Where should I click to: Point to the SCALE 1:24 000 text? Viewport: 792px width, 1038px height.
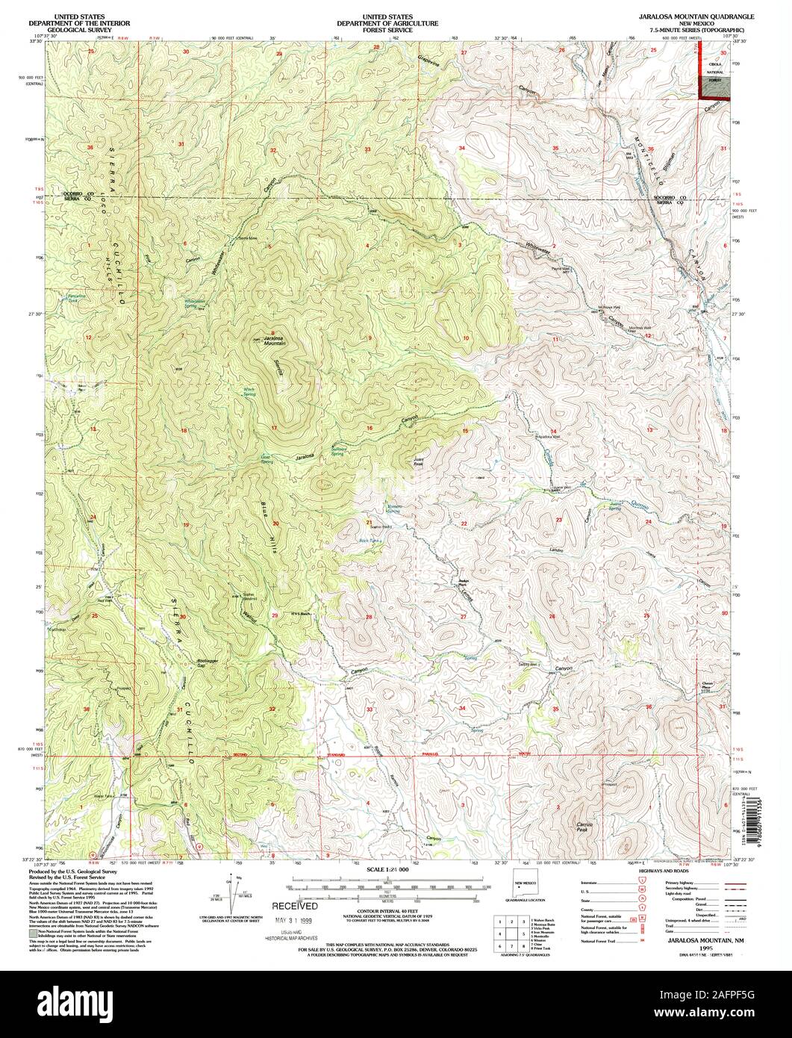point(388,871)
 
